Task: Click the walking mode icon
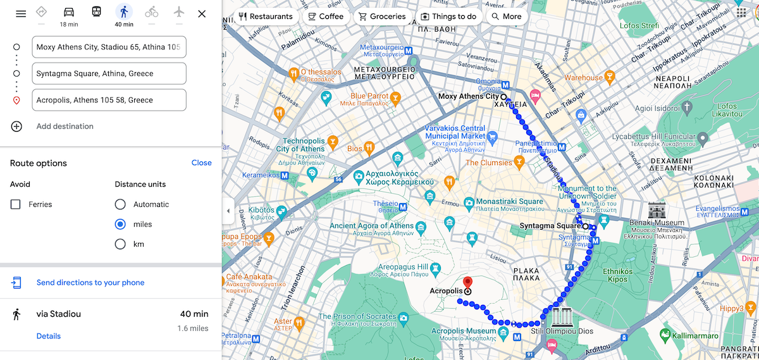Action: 124,12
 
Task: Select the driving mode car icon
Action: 69,12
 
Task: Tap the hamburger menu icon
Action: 21,14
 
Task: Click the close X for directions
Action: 202,14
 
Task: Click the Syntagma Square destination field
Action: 109,73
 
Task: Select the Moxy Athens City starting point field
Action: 109,47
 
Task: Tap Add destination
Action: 65,127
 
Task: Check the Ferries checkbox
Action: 16,204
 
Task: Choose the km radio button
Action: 120,244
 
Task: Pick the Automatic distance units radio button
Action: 120,204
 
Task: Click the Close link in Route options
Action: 201,163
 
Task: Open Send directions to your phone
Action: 90,283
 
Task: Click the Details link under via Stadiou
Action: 49,336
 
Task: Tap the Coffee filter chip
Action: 326,16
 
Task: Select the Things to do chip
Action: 448,16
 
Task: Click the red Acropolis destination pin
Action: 468,283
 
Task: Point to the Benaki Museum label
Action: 660,223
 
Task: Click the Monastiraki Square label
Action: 509,202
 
